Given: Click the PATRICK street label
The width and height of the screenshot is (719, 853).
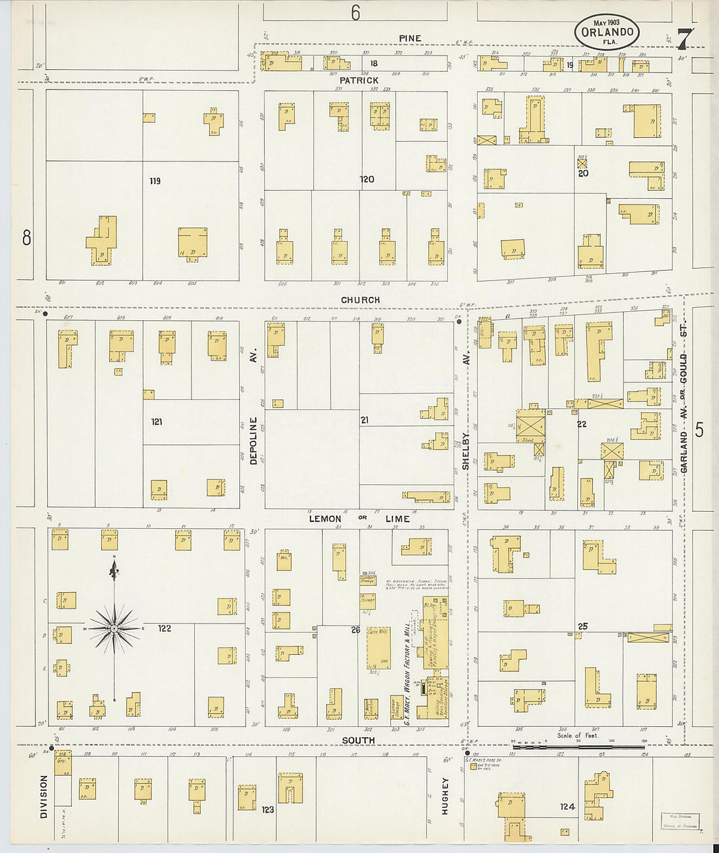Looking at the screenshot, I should pyautogui.click(x=358, y=80).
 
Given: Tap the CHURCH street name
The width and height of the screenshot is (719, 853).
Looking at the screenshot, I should pyautogui.click(x=360, y=300).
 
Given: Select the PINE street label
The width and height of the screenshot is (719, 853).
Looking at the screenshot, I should pyautogui.click(x=410, y=39).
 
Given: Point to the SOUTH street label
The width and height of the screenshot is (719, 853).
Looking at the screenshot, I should pyautogui.click(x=358, y=741).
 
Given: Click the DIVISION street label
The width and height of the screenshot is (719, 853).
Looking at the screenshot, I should pyautogui.click(x=44, y=797).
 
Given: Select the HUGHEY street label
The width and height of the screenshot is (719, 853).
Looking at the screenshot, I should pyautogui.click(x=444, y=795).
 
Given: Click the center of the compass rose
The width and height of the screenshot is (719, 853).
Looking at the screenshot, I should pyautogui.click(x=114, y=629).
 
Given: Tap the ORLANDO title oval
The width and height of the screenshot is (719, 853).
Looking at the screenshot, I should pyautogui.click(x=607, y=32).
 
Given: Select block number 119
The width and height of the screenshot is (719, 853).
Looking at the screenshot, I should pyautogui.click(x=155, y=181).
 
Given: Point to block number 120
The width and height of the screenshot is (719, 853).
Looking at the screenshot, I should pyautogui.click(x=367, y=179).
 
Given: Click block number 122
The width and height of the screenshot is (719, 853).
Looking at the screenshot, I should pyautogui.click(x=164, y=629).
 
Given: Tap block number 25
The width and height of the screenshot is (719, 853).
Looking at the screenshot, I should pyautogui.click(x=582, y=626).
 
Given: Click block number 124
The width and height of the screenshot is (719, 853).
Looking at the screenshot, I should pyautogui.click(x=567, y=807).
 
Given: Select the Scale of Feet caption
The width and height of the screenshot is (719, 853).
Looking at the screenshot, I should pyautogui.click(x=577, y=736).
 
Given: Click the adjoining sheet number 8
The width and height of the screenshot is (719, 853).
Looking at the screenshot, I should pyautogui.click(x=26, y=237).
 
